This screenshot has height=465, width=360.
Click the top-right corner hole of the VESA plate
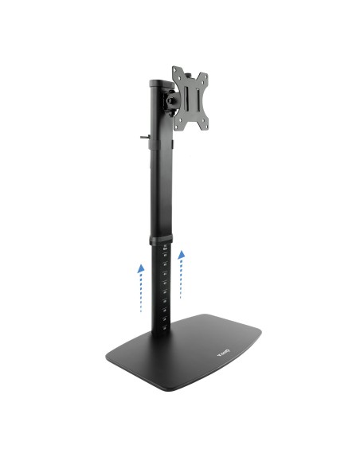pos(206,79)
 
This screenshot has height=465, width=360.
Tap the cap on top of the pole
pos(157,82)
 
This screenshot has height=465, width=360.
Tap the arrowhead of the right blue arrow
pos(182,255)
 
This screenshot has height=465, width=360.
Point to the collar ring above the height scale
pos(161,241)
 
